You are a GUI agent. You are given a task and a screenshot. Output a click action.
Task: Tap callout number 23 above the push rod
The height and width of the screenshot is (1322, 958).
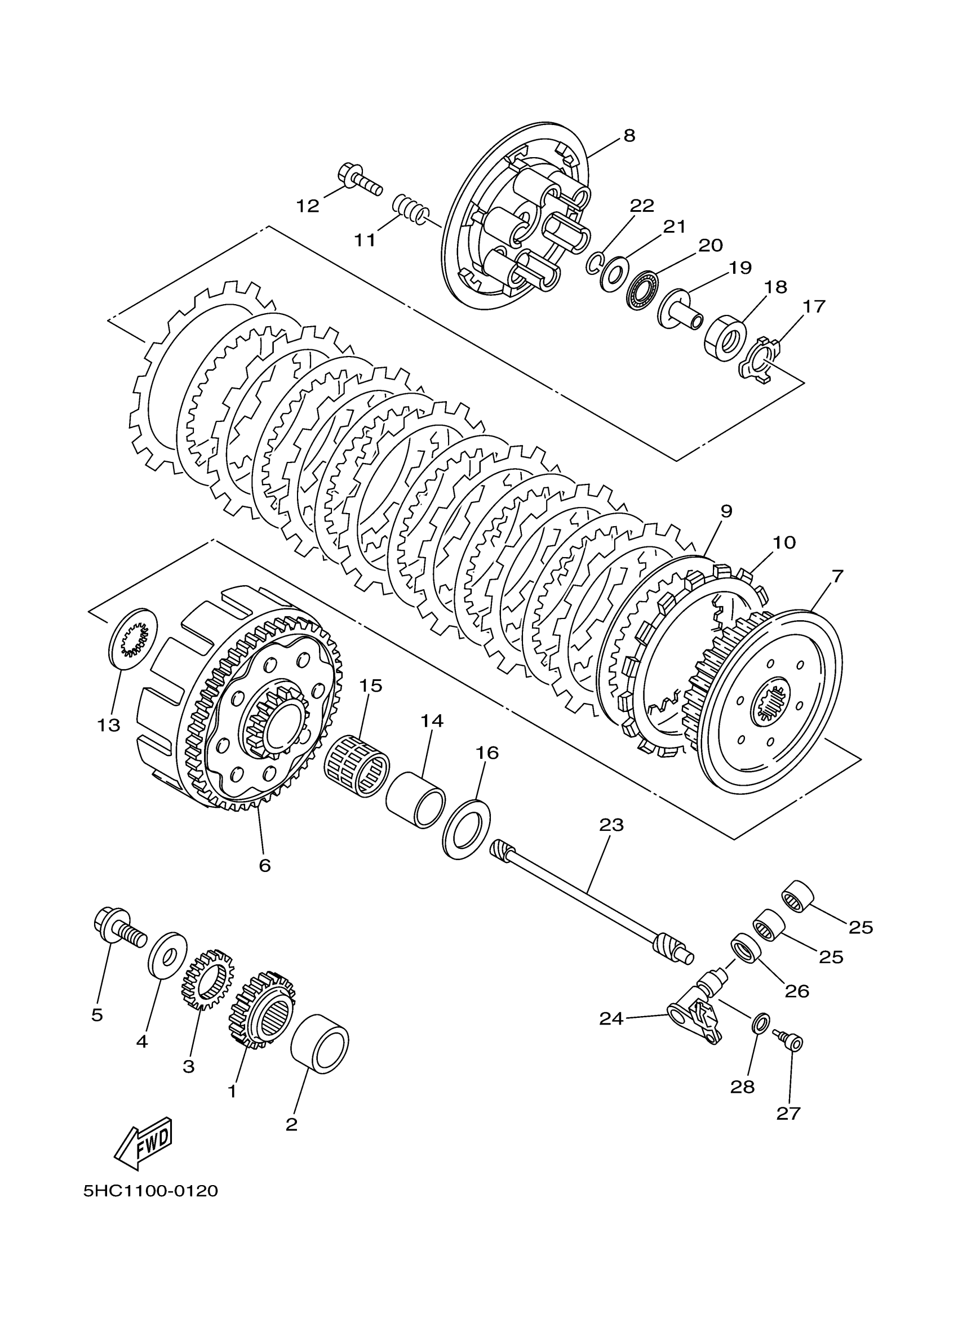611,825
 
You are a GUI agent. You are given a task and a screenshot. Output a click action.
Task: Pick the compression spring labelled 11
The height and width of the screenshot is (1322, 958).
410,210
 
